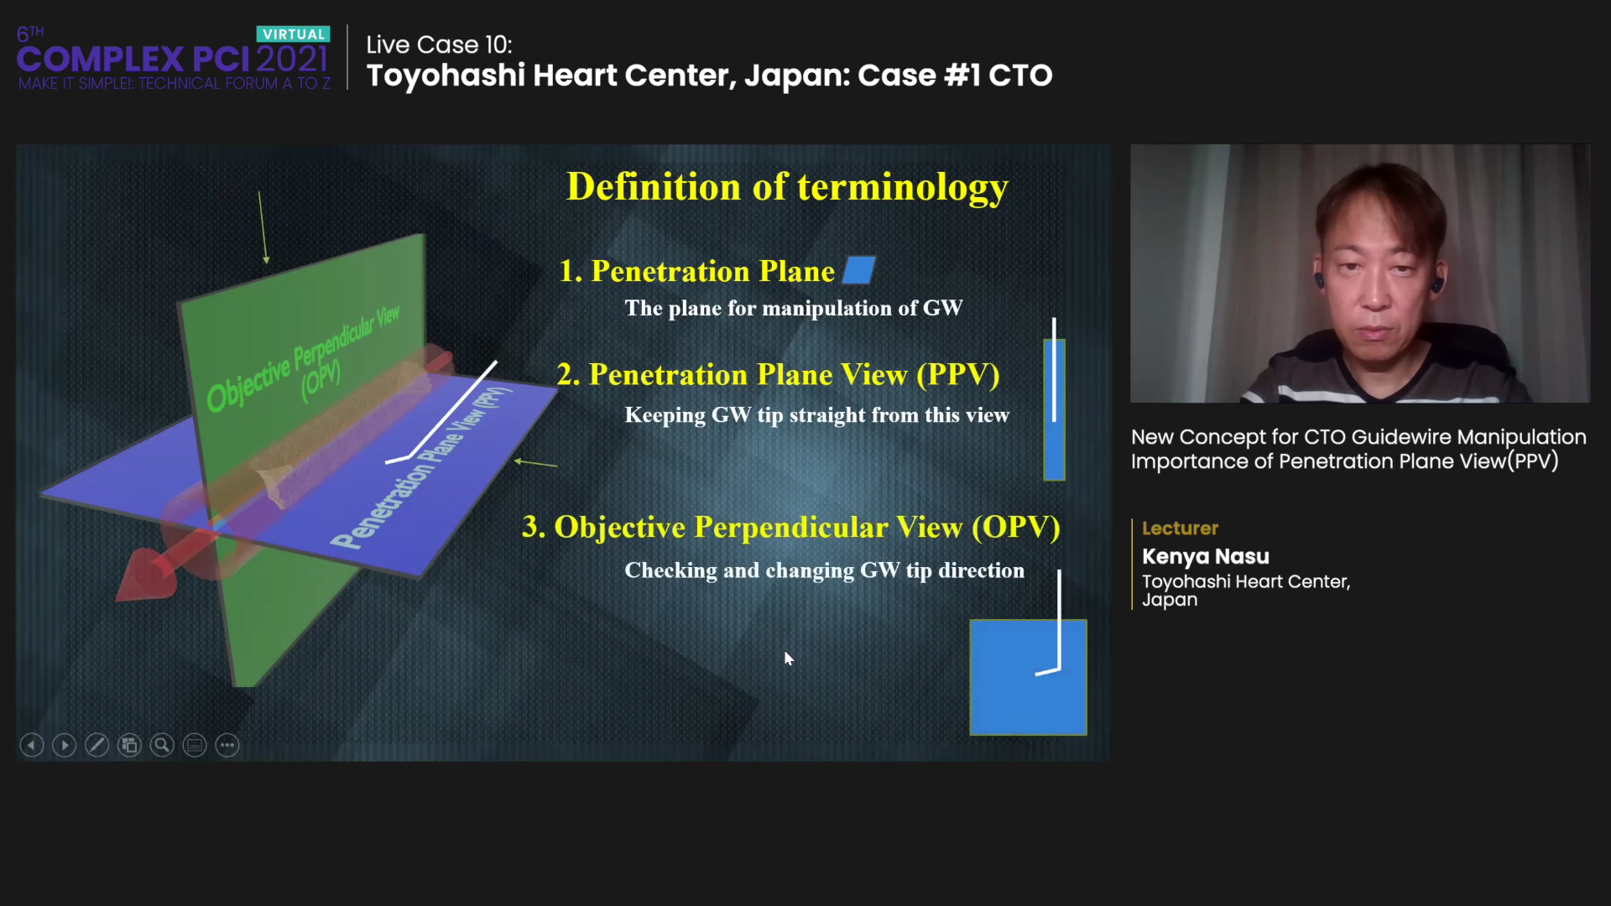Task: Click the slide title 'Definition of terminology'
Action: (x=787, y=187)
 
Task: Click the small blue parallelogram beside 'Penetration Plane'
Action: (x=858, y=270)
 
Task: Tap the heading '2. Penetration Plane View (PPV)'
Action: (x=778, y=374)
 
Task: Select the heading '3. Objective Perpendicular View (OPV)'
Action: (x=791, y=527)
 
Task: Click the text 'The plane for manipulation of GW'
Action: (x=794, y=308)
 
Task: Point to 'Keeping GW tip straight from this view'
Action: (x=817, y=414)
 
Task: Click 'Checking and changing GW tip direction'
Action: (x=825, y=570)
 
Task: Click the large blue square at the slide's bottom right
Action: (x=1028, y=677)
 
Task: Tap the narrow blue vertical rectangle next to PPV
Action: (x=1054, y=409)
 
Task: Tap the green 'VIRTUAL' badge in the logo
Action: (x=293, y=34)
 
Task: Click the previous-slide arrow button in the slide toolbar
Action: (x=32, y=745)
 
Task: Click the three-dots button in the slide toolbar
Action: (x=227, y=745)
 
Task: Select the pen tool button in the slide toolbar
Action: (x=96, y=745)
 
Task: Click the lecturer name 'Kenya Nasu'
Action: (x=1206, y=556)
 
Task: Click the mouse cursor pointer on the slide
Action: (x=789, y=659)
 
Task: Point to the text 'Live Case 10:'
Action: (x=439, y=44)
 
